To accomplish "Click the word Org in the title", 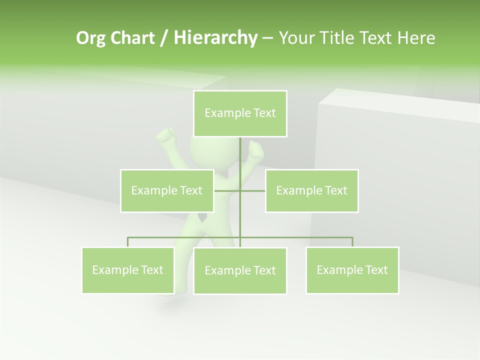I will click(89, 38).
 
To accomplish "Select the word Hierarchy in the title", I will click(215, 38).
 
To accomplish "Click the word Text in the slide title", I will click(377, 38).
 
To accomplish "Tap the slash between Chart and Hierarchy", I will click(164, 38).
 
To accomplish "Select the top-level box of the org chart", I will click(240, 113).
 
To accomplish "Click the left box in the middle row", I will click(167, 190).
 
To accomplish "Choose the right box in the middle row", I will click(311, 190).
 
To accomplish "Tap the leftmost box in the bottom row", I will click(128, 270).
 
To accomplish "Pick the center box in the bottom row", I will click(240, 270).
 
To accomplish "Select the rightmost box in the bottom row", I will click(352, 270).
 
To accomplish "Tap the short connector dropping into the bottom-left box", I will click(128, 242).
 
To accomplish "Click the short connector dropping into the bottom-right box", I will click(352, 242).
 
